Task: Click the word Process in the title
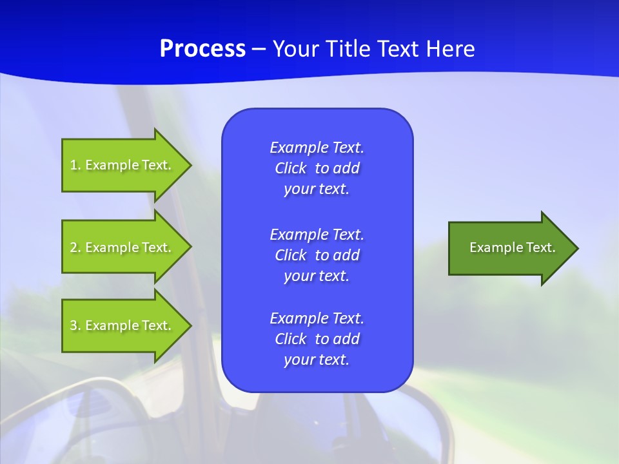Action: pos(202,49)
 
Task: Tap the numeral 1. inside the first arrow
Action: pos(75,165)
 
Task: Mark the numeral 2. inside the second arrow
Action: pos(75,247)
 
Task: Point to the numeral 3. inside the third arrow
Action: pos(75,325)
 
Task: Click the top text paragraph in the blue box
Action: pos(317,168)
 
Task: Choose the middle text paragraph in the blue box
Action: pos(317,255)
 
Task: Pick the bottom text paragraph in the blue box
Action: pos(317,339)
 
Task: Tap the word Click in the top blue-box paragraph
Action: pos(291,169)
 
